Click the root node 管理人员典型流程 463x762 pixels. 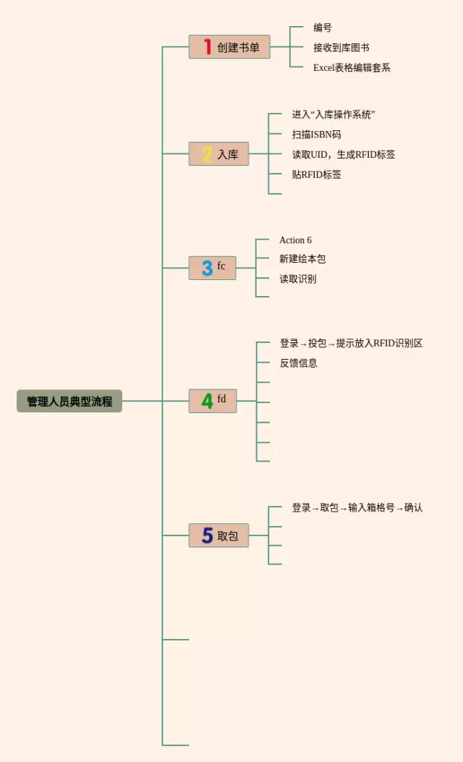pos(69,401)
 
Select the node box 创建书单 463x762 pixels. pos(229,47)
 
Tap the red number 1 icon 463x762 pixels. pos(207,47)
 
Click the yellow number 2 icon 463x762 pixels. pos(207,154)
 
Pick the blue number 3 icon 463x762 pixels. pos(207,268)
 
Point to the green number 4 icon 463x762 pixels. pos(207,401)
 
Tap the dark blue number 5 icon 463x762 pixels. pos(207,535)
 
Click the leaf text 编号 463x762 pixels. pos(323,27)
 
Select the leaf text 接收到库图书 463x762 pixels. pos(341,48)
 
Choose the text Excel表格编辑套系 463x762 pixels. pos(352,67)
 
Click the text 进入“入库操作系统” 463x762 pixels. pos(334,114)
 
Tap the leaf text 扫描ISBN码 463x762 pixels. pos(316,135)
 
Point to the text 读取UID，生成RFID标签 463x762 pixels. pos(344,154)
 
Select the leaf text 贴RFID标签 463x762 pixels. pos(317,174)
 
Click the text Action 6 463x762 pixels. pos(295,240)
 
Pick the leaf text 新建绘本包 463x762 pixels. pos(302,259)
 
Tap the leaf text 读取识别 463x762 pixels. pos(297,279)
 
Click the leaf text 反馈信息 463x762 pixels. pos(299,363)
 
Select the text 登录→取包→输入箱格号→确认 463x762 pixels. pos(357,508)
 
